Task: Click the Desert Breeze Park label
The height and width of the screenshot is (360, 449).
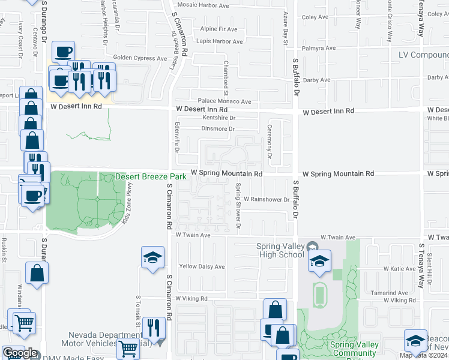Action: pos(151,177)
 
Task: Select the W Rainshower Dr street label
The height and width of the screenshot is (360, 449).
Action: pos(267,199)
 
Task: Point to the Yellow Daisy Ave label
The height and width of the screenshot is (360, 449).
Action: pos(202,266)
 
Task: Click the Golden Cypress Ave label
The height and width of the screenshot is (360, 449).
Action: pos(140,58)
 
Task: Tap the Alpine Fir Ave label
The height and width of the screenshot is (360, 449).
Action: pos(221,29)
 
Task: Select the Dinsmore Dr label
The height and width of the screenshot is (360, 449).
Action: pos(218,128)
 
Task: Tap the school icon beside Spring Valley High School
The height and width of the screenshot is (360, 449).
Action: pos(320,261)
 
